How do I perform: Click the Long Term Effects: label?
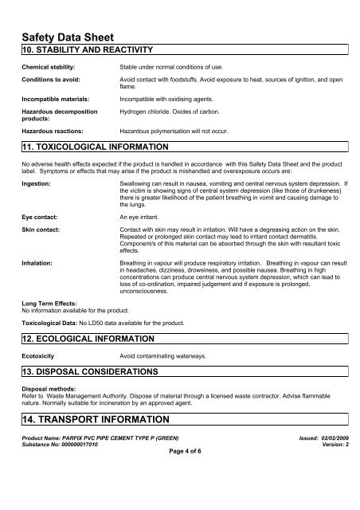pyautogui.click(x=53, y=304)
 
